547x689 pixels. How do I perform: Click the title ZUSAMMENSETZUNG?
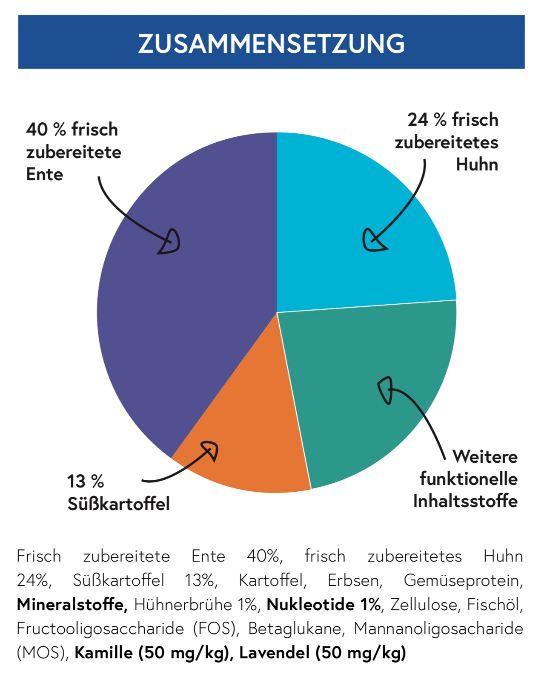click(271, 43)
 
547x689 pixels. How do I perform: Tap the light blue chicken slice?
click(349, 205)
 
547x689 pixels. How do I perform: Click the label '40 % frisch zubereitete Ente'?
click(73, 152)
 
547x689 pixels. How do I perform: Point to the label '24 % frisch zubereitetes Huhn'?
click(447, 142)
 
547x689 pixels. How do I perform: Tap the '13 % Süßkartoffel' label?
click(118, 493)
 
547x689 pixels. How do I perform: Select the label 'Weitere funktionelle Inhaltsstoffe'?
click(466, 479)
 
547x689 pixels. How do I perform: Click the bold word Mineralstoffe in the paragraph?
click(72, 605)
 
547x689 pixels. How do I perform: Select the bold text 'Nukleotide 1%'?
click(324, 605)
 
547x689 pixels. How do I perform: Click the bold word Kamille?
click(103, 653)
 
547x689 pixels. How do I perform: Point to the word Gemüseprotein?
click(463, 580)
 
